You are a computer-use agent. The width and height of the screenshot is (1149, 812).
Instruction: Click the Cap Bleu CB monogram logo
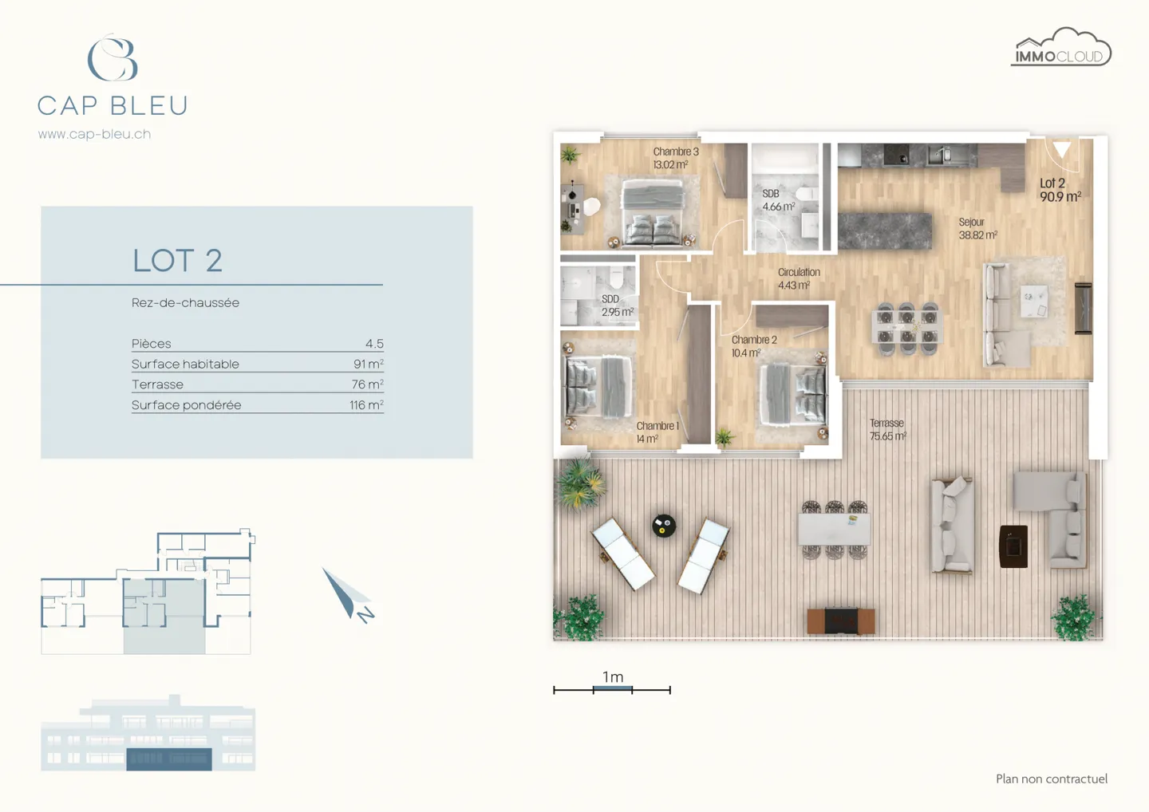(113, 57)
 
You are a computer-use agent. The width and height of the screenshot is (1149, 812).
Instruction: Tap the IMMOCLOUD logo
(1060, 49)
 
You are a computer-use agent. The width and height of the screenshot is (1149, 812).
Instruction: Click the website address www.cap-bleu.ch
(94, 134)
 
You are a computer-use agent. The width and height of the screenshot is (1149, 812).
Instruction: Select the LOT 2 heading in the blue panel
(177, 261)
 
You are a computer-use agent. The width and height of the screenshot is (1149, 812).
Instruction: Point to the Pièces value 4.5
(374, 344)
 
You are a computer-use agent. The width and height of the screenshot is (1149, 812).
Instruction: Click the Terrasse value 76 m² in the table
(368, 384)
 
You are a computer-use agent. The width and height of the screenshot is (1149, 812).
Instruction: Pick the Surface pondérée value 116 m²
(366, 405)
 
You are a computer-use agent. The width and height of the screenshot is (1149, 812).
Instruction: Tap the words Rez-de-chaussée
(185, 303)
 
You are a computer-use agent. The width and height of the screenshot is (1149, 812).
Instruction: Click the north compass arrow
(345, 593)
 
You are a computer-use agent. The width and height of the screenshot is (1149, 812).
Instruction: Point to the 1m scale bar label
(613, 677)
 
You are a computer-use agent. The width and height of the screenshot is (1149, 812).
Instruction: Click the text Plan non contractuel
(1051, 778)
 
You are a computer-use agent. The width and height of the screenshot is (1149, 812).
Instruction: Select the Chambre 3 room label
(675, 158)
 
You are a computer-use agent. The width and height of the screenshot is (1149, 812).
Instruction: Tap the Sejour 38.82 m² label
(977, 228)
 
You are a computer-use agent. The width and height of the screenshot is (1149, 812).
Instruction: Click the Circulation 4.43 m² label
(798, 278)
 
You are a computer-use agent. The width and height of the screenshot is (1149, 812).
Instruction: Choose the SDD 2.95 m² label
(616, 305)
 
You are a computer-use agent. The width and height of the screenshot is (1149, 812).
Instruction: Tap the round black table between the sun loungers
(664, 526)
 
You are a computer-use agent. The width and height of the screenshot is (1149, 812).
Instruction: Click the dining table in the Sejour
(907, 327)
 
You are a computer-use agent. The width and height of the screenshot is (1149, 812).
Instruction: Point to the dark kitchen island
(883, 231)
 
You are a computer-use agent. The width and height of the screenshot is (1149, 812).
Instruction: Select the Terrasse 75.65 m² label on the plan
(887, 429)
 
